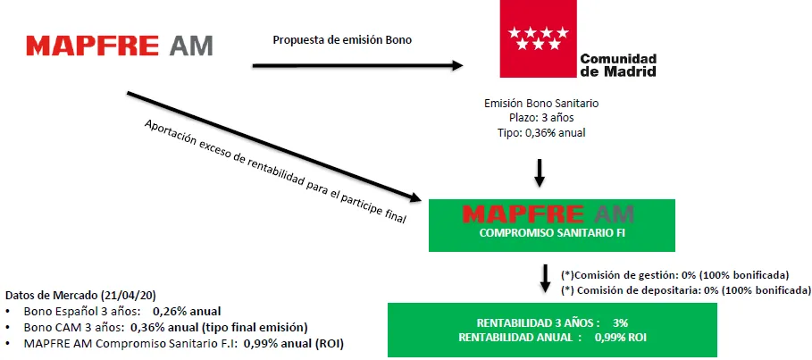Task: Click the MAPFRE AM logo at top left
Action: point(120,46)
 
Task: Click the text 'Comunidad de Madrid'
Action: point(618,64)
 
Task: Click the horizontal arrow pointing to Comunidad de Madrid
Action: point(357,64)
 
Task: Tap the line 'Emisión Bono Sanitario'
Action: point(540,104)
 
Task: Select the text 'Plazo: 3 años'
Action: point(540,118)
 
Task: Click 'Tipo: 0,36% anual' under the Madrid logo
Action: point(540,133)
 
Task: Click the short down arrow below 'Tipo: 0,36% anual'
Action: point(540,171)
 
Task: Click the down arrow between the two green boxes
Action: point(545,277)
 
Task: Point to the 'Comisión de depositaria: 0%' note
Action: point(684,290)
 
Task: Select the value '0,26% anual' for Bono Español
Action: point(187,312)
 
